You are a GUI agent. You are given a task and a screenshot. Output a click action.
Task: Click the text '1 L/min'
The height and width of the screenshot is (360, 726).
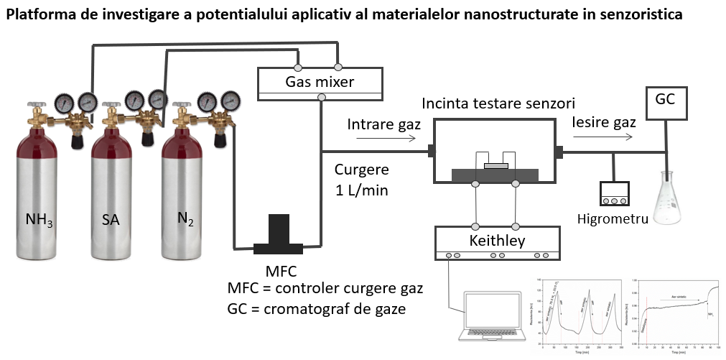point(361,190)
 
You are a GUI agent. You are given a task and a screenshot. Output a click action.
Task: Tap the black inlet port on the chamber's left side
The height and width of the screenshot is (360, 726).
point(432,151)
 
